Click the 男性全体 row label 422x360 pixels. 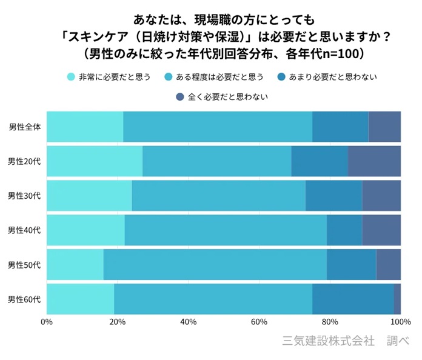25,127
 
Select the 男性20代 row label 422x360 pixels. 25,161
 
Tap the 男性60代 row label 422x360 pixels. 25,299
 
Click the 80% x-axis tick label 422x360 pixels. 329,321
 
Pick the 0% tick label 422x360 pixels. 47,321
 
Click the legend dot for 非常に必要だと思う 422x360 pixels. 71,77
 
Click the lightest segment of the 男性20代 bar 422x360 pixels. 94,161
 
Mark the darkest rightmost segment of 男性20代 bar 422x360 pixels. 374,161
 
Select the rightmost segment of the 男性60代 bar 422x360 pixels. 397,299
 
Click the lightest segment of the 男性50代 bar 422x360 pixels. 75,265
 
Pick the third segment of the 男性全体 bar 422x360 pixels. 340,127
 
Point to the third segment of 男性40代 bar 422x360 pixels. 344,230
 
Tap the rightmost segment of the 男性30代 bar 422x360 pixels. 381,196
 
